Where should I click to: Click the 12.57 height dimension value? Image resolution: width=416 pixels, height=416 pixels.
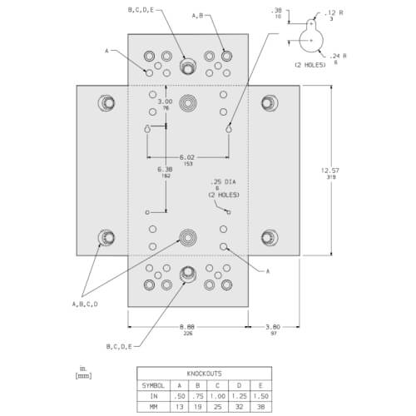331,171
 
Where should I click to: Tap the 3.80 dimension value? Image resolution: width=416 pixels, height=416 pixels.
273,328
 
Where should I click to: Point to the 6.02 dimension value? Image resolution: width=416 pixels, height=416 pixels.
188,157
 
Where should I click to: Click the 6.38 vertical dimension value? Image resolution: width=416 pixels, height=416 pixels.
166,170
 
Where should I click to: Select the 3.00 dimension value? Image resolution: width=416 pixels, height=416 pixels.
166,102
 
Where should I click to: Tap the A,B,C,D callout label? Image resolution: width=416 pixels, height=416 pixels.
86,304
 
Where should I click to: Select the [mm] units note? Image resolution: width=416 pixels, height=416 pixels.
83,376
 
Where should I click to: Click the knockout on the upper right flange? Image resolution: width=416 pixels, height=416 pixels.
268,103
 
